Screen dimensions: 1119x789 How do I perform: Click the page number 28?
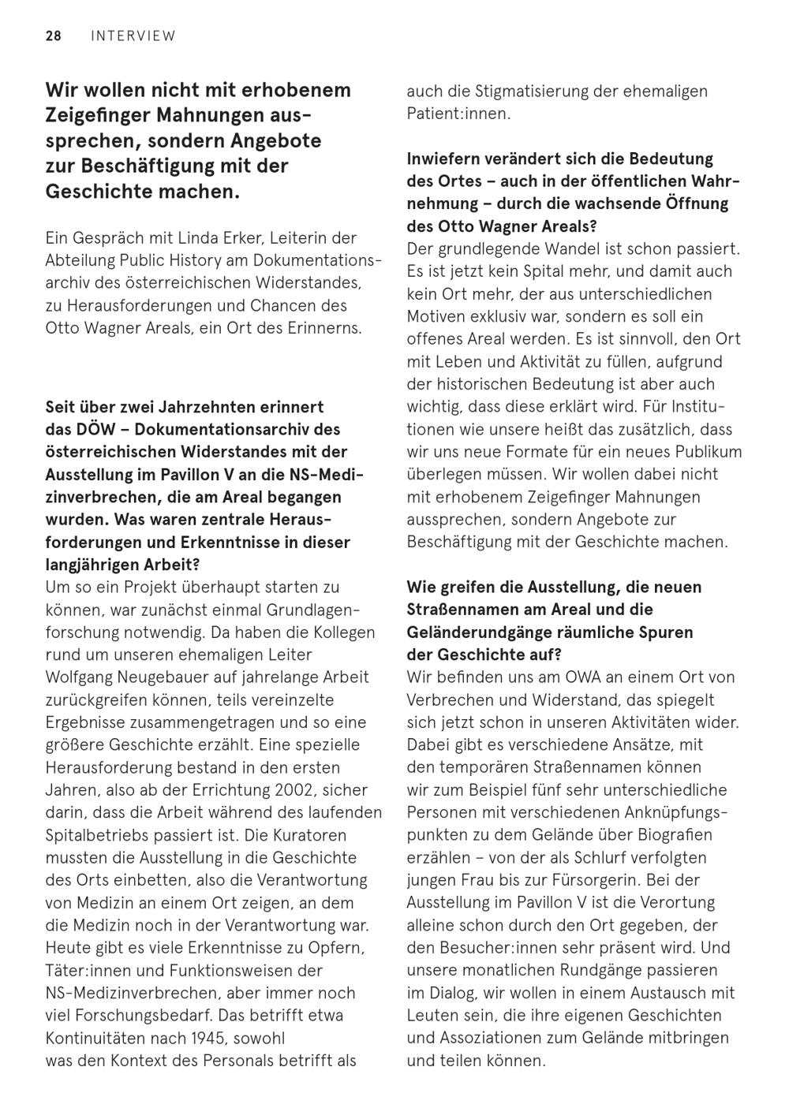[54, 35]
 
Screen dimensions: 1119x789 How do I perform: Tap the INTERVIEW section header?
[133, 35]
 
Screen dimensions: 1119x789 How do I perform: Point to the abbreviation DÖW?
[91, 429]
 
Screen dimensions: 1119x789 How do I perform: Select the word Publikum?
[707, 452]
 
